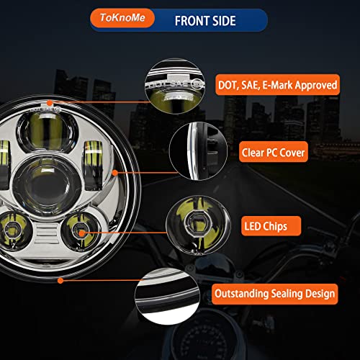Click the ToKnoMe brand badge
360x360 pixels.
122,18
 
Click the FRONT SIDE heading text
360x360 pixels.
205,21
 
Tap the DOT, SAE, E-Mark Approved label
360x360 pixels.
277,85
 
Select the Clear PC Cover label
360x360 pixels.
273,152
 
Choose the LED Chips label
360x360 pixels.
271,226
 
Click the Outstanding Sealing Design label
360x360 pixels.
275,294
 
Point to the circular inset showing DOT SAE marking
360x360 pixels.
175,86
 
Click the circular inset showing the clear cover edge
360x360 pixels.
198,151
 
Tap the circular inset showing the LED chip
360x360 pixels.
198,225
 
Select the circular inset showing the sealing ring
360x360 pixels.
167,297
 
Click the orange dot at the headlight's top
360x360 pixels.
50,103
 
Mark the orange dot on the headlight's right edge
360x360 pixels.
115,173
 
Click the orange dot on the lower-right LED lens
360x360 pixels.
81,233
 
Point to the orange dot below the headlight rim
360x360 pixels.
60,280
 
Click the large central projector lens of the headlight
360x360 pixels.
47,185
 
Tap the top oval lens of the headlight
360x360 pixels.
48,132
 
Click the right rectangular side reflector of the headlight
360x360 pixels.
93,165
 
